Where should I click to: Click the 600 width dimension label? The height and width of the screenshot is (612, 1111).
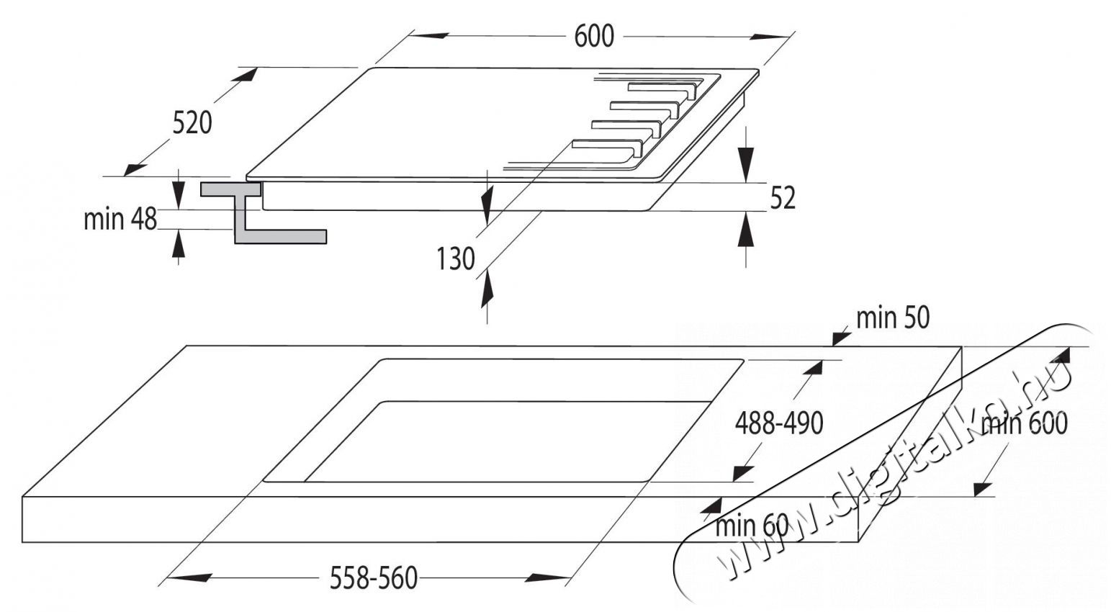(x=594, y=36)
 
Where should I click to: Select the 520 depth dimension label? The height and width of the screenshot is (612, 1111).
(x=192, y=122)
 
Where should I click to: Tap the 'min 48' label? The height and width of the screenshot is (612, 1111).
(x=120, y=219)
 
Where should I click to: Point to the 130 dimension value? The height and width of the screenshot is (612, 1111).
(x=455, y=258)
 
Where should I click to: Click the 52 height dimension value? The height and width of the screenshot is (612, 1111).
(x=783, y=197)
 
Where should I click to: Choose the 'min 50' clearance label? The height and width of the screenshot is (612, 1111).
(x=893, y=317)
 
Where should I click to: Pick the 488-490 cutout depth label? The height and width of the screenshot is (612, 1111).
(x=778, y=423)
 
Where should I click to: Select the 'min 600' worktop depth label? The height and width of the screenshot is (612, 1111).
(x=1024, y=424)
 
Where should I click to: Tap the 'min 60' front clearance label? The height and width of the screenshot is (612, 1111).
(x=751, y=526)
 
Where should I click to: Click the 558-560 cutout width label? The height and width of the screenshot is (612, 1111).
(x=373, y=578)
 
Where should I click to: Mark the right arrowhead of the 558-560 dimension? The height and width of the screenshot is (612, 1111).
(x=547, y=577)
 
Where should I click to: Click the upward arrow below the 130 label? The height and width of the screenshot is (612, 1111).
(x=487, y=287)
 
